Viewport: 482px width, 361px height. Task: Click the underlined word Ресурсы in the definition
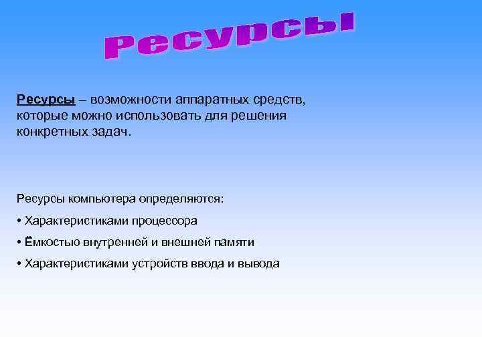coord(46,100)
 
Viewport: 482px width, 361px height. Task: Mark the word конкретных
coord(53,132)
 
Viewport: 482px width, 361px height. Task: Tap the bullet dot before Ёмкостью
coord(19,242)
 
